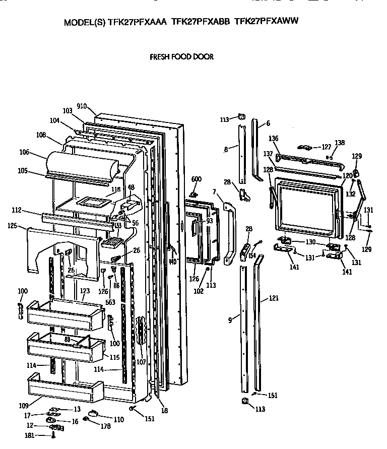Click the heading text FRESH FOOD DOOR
coord(181,57)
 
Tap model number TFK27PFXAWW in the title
coord(267,22)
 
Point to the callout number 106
coord(24,152)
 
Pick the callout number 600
coord(196,180)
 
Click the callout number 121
coord(273,298)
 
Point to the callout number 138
coord(340,143)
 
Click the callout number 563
coord(110,302)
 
